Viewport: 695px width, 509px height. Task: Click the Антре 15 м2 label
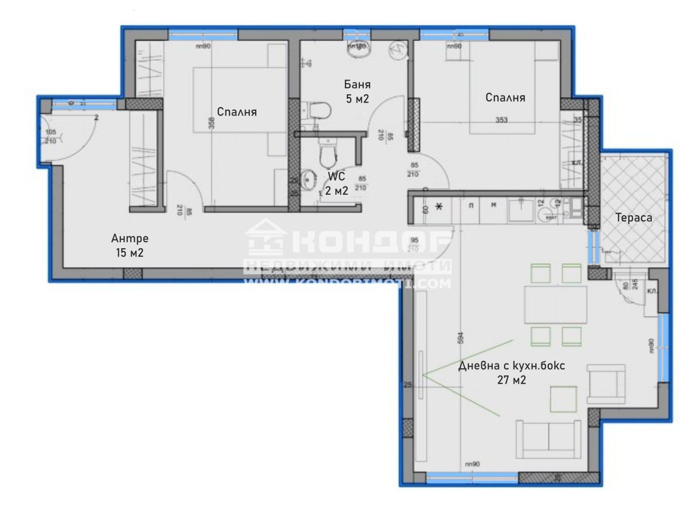129,245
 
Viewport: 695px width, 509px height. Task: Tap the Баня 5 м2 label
357,91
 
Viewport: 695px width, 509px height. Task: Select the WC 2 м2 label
337,183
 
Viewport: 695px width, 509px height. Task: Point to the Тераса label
633,217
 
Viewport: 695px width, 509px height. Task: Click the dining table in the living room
555,304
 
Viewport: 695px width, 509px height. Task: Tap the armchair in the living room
606,384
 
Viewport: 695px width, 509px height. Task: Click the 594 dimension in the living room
461,338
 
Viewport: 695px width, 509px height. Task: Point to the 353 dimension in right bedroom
501,120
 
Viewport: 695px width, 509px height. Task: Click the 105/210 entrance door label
51,136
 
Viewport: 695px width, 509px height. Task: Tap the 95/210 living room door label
414,245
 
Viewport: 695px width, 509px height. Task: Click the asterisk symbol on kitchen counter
439,206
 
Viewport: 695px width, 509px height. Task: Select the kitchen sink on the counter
521,210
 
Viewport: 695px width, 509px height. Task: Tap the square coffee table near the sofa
563,399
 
